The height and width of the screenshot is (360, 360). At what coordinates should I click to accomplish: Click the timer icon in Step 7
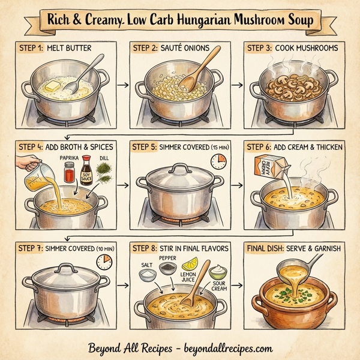click(x=107, y=261)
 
